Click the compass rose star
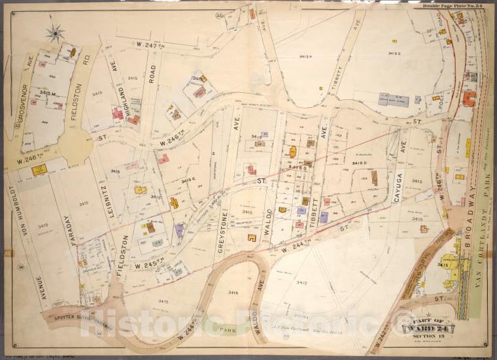[56, 31]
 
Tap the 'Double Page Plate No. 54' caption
[452, 6]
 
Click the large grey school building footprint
[394, 100]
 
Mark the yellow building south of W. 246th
[39, 170]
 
